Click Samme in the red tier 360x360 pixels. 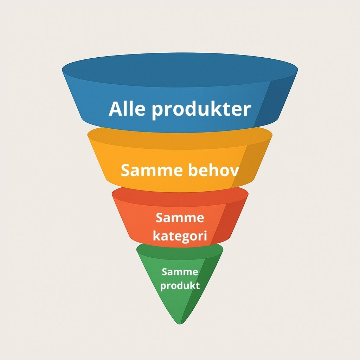pyautogui.click(x=180, y=218)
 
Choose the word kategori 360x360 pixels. pyautogui.click(x=180, y=236)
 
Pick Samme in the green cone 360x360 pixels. pyautogui.click(x=180, y=272)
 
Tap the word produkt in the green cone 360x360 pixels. pyautogui.click(x=180, y=285)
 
